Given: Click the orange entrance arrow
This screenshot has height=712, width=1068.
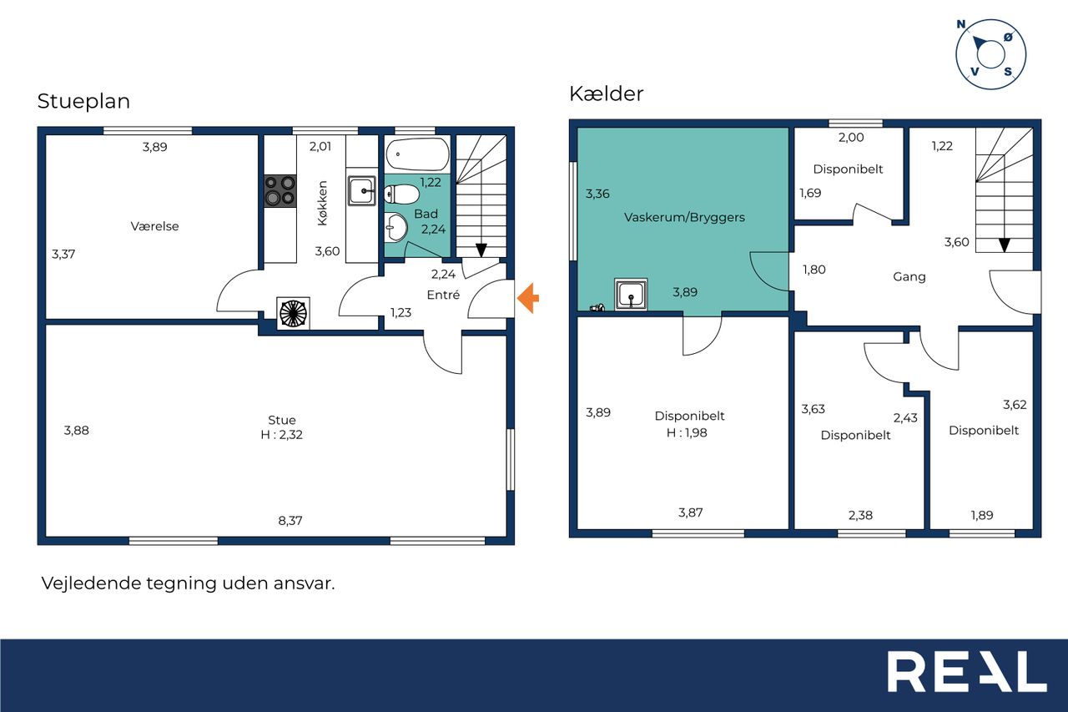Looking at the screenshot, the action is [x=528, y=299].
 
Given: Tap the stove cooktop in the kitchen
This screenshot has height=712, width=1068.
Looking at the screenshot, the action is [x=280, y=191].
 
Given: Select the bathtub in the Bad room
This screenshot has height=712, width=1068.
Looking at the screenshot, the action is [x=418, y=154].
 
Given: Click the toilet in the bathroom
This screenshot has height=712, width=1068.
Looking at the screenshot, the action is [x=401, y=194].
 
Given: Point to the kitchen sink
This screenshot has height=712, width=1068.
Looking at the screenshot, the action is [x=362, y=191].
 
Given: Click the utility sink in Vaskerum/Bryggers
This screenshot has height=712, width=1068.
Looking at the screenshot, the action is [x=631, y=295].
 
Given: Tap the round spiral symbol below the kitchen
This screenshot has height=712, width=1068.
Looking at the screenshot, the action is [x=293, y=313].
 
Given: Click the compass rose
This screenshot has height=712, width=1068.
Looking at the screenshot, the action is [x=990, y=54].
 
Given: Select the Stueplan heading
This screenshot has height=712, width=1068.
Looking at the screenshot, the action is [x=83, y=101].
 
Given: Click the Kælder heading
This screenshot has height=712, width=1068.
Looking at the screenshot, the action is [x=606, y=93].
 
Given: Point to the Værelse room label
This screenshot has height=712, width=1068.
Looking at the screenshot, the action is [x=154, y=226].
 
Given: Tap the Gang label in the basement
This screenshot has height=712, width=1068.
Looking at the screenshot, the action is [x=909, y=277].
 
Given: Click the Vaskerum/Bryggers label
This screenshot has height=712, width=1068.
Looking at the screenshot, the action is [x=684, y=218].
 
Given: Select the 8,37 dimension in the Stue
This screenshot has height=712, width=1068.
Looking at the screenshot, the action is [x=290, y=521].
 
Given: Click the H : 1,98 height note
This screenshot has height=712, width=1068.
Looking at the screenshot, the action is [x=687, y=432].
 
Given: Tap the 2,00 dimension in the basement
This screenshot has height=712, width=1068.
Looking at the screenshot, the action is [x=851, y=138].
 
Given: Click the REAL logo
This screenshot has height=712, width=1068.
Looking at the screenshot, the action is [x=967, y=671].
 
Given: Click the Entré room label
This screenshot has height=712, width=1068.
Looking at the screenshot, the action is [x=443, y=295].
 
